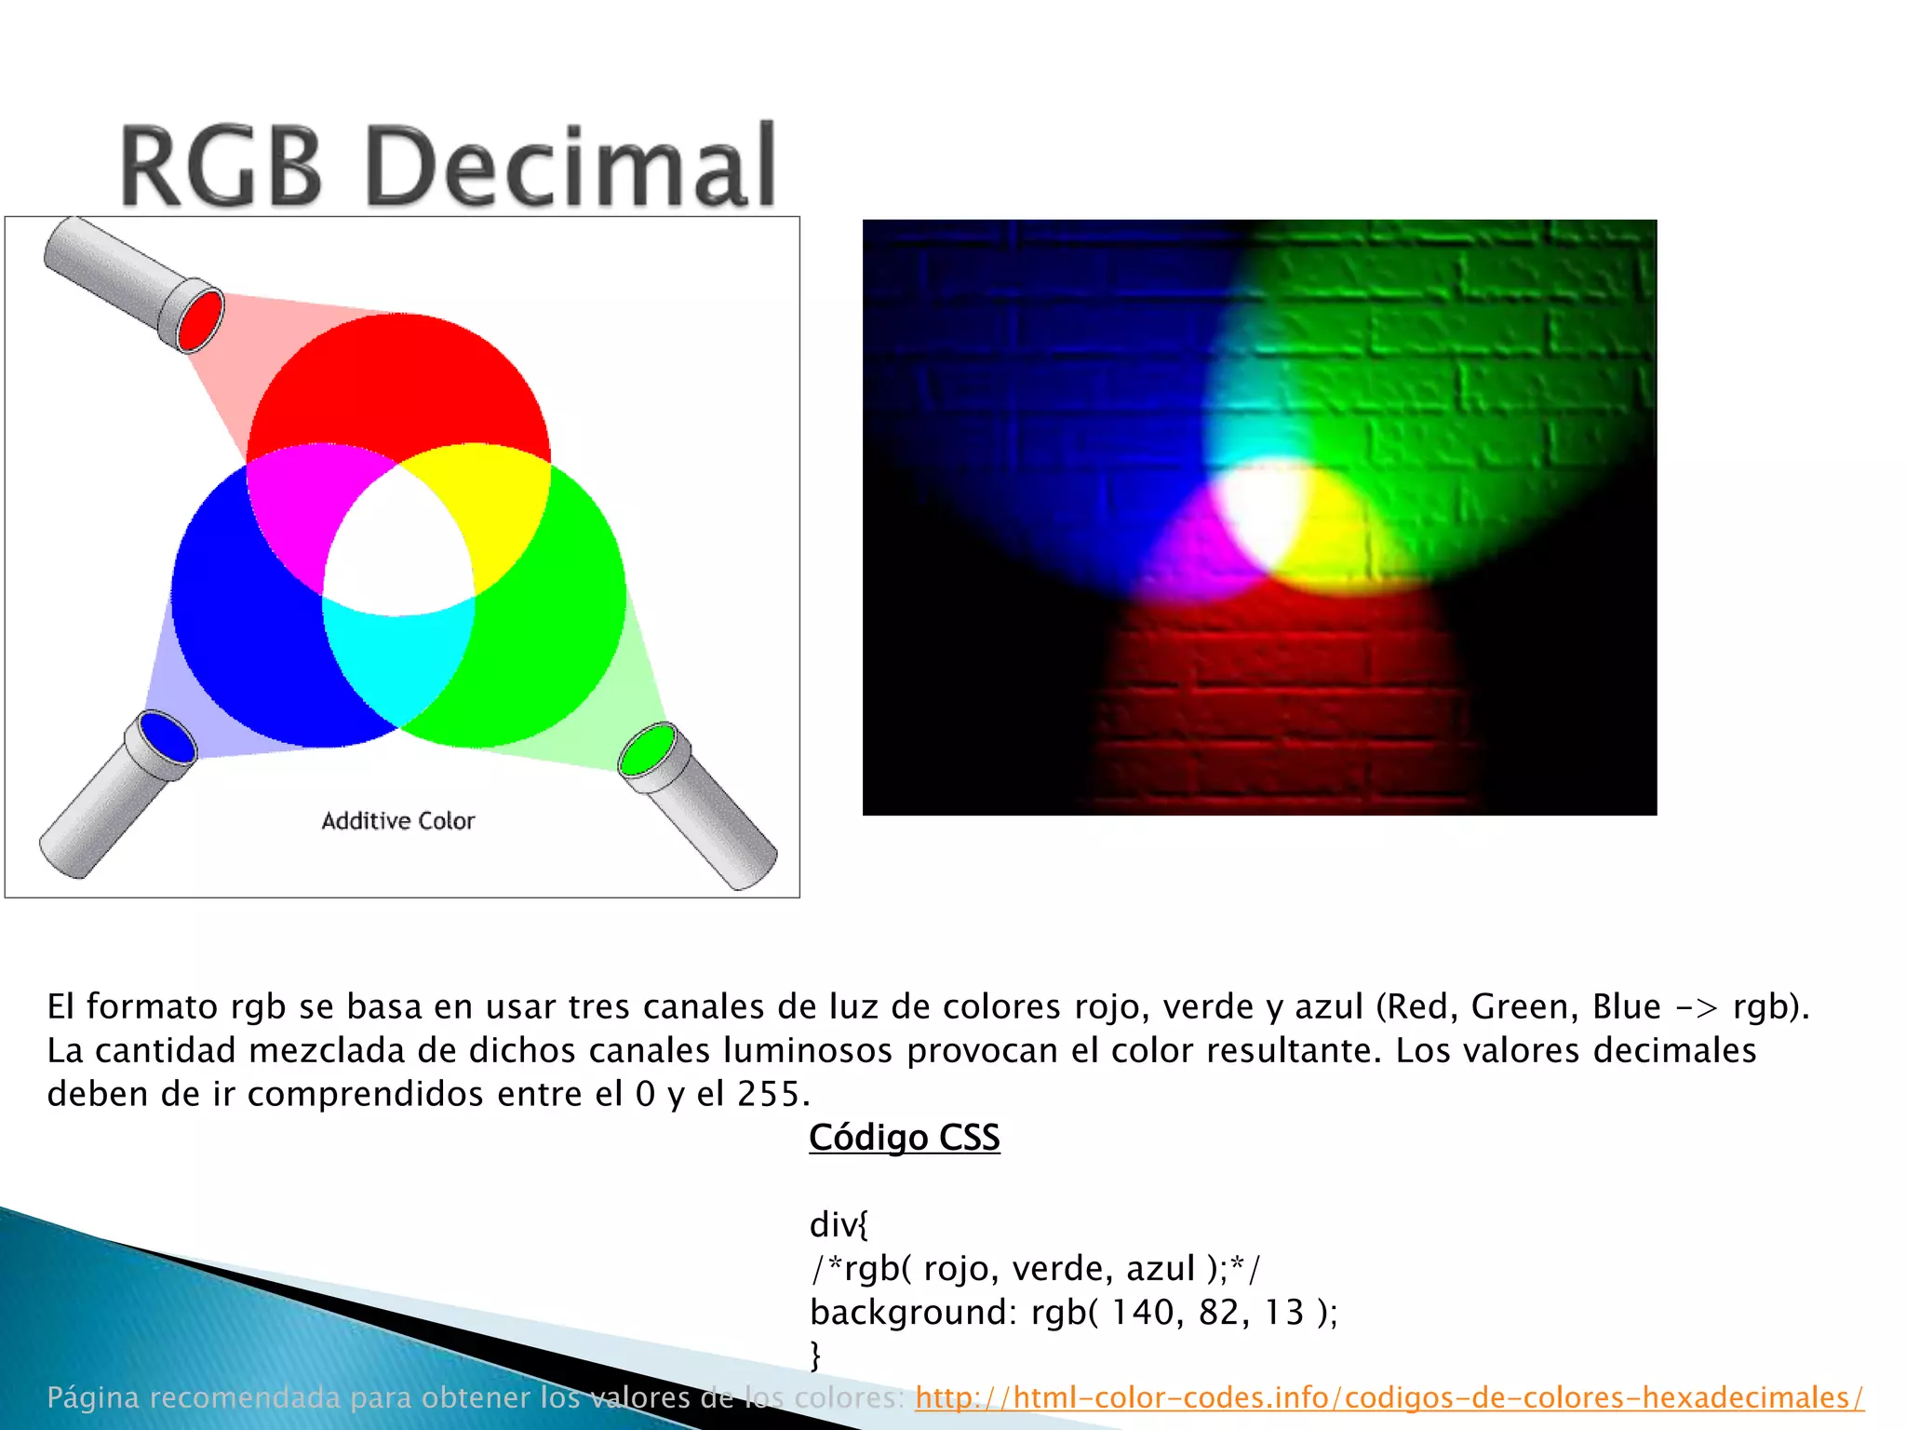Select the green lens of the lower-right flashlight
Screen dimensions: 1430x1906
pyautogui.click(x=648, y=750)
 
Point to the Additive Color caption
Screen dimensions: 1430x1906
pyautogui.click(x=398, y=821)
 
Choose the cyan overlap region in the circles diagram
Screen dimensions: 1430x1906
pyautogui.click(x=398, y=656)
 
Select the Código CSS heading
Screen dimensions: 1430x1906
pyautogui.click(x=905, y=1138)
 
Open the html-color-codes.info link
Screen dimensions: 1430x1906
pyautogui.click(x=1389, y=1397)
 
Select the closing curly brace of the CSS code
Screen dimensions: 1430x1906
pyautogui.click(x=816, y=1355)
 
